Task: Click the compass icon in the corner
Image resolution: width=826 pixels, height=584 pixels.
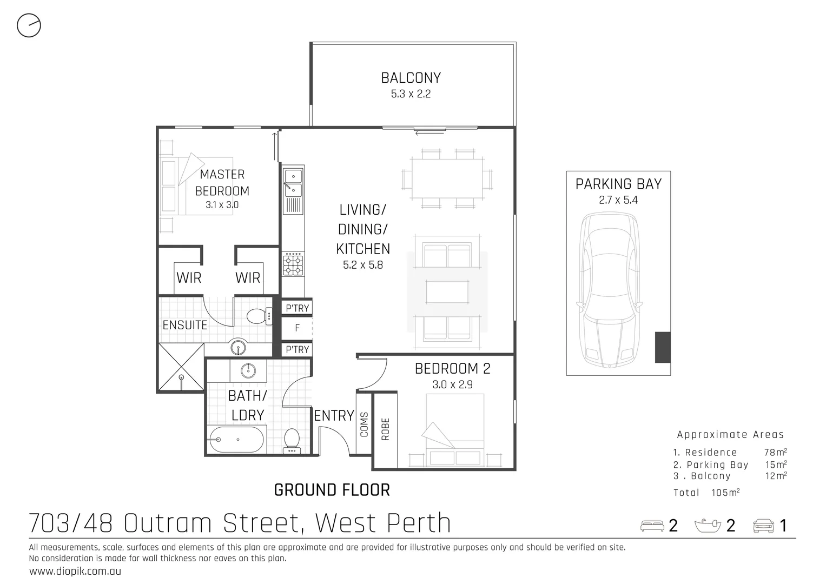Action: (x=29, y=25)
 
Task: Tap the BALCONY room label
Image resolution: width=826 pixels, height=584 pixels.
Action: (x=411, y=78)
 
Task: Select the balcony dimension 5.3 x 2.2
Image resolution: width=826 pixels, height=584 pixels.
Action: (x=411, y=94)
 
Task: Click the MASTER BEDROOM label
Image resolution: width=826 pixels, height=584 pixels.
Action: (x=222, y=183)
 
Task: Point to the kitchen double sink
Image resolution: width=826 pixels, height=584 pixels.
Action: (x=293, y=183)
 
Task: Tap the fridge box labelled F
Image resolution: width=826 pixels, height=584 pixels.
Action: (x=297, y=328)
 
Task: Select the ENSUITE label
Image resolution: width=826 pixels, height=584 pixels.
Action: (x=185, y=325)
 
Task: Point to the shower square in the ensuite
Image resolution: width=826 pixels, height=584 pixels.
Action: (x=181, y=367)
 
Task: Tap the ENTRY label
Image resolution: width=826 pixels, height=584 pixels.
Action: (x=334, y=416)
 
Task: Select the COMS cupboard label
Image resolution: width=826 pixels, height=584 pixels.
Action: (x=364, y=425)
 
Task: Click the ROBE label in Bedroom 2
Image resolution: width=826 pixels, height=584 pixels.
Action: (x=386, y=429)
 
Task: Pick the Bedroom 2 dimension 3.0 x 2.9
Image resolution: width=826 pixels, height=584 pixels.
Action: (x=452, y=385)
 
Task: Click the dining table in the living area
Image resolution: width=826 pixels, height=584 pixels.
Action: (x=447, y=178)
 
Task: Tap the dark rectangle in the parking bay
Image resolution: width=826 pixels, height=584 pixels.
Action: (x=662, y=347)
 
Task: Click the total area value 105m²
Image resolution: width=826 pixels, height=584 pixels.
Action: (x=725, y=493)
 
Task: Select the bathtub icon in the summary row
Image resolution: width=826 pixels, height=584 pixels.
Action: (x=708, y=526)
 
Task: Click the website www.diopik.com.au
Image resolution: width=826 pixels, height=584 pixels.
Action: (x=75, y=571)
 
